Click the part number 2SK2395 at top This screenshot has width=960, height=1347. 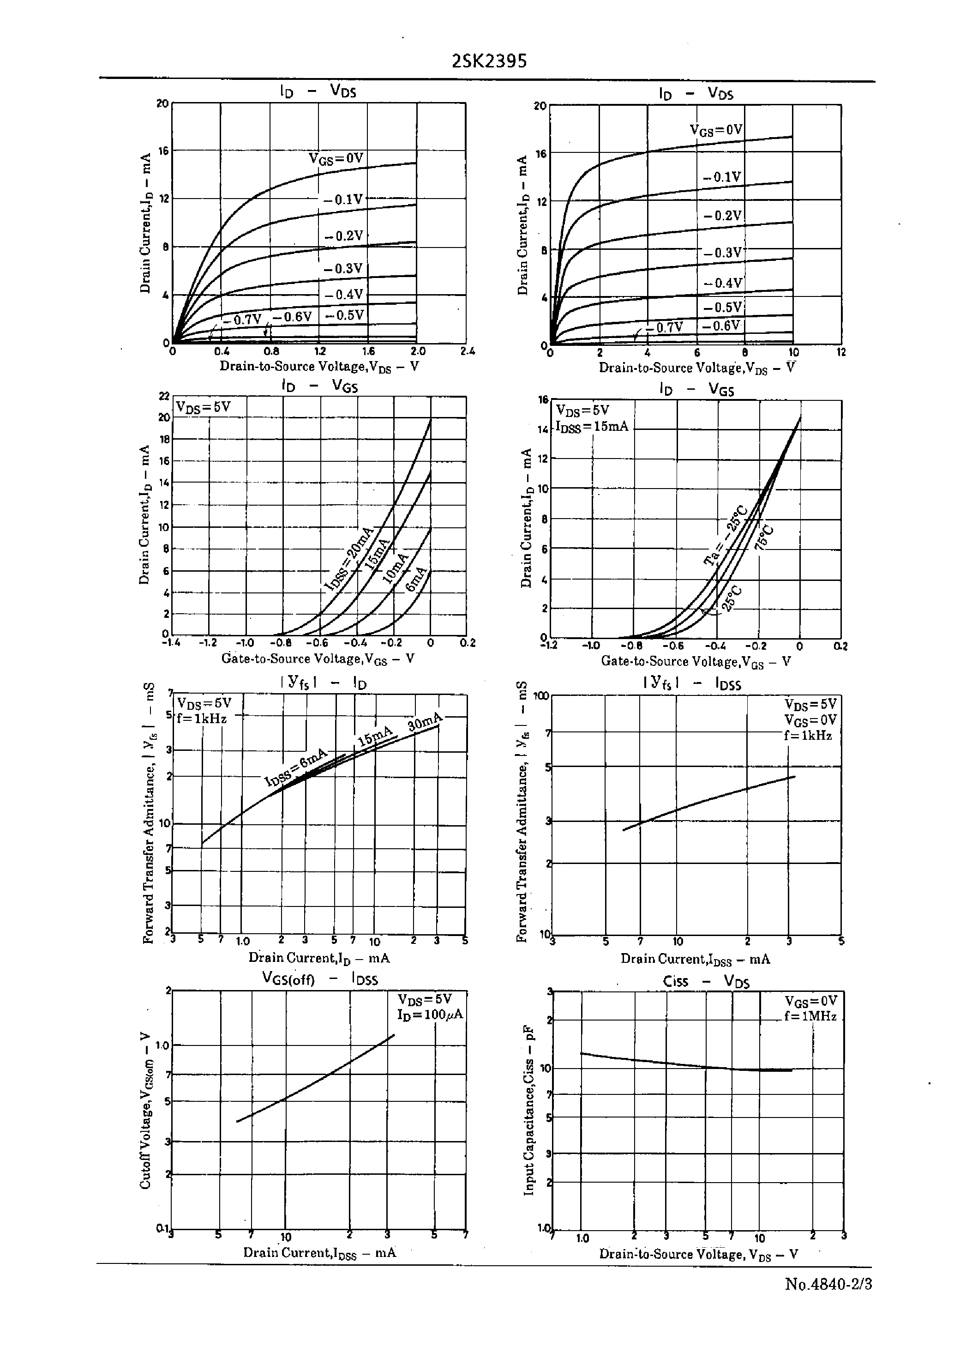[x=489, y=61]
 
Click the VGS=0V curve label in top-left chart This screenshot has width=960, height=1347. [x=336, y=158]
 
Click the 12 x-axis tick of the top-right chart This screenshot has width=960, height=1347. [x=841, y=352]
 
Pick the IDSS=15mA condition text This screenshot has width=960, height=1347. [x=592, y=426]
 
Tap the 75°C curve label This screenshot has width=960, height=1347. [x=764, y=536]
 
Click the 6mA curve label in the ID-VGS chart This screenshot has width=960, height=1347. [x=416, y=579]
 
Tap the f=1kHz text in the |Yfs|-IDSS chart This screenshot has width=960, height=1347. [x=808, y=736]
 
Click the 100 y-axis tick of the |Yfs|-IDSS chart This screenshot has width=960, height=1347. [x=541, y=696]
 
